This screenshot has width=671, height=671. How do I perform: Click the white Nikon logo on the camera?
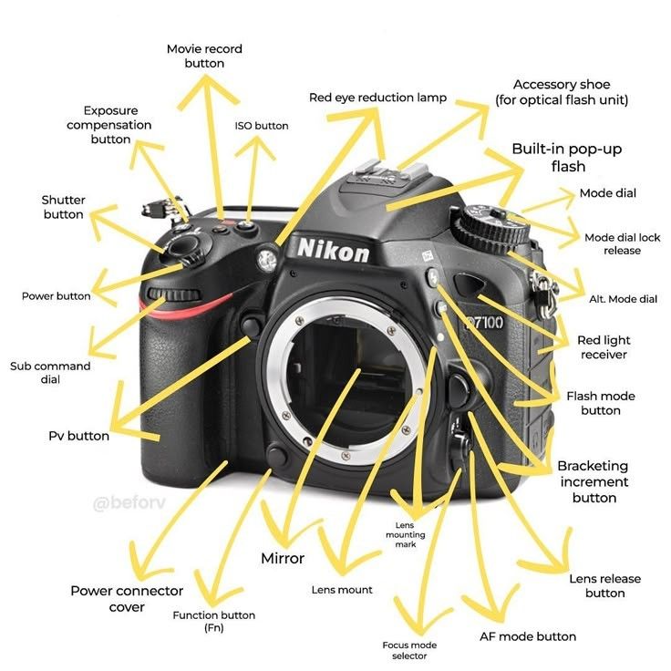click(333, 250)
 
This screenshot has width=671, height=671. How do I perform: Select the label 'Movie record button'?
click(204, 56)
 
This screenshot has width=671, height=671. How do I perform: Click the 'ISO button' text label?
click(262, 126)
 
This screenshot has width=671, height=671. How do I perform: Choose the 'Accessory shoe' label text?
click(562, 92)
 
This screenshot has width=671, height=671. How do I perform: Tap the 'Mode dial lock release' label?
click(622, 243)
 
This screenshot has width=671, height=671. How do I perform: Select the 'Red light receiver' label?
click(603, 347)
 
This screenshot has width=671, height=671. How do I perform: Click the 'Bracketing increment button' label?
click(594, 481)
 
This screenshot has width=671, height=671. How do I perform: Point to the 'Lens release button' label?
click(604, 585)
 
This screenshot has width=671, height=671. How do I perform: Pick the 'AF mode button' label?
click(528, 636)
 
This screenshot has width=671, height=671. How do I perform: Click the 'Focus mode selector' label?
click(404, 650)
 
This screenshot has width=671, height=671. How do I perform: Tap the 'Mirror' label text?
click(283, 558)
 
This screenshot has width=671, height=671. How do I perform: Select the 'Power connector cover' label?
click(127, 599)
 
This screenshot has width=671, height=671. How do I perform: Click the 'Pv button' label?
click(78, 436)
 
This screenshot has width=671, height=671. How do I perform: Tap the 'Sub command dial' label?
click(50, 372)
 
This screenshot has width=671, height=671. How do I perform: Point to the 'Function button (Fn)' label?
click(214, 622)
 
